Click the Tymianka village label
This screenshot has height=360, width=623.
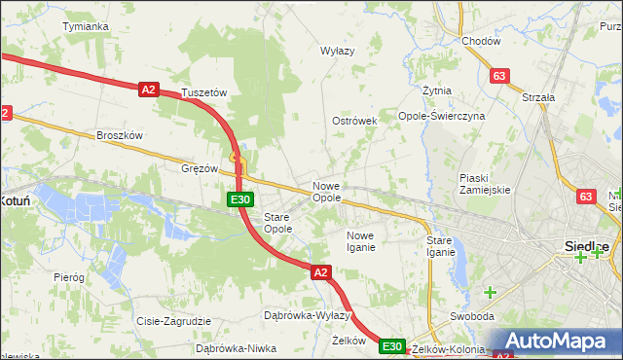click(85, 26)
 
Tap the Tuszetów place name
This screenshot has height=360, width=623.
click(204, 92)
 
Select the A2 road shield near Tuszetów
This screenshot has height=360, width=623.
click(148, 89)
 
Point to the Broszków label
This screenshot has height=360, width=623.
click(121, 135)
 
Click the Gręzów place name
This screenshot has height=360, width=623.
click(200, 167)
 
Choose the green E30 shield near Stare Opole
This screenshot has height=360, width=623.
click(241, 199)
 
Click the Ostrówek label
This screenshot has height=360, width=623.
click(354, 121)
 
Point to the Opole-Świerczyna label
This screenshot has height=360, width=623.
click(441, 115)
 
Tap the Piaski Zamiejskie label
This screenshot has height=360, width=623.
click(485, 184)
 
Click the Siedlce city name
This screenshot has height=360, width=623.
click(587, 245)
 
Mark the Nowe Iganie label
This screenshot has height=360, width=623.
click(360, 241)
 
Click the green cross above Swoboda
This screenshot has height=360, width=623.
click(491, 292)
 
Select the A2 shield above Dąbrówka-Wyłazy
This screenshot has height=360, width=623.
click(321, 273)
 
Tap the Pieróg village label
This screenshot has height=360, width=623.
click(69, 277)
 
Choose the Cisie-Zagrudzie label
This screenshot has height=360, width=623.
click(174, 321)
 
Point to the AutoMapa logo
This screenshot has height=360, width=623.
click(559, 342)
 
